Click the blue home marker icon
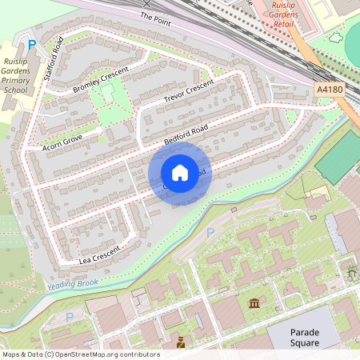click(180, 173)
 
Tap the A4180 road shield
click(330, 90)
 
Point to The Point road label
click(156, 16)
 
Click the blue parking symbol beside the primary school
click(32, 45)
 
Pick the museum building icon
click(254, 303)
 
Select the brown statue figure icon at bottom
click(181, 343)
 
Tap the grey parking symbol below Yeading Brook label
click(70, 317)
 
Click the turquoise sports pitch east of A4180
click(339, 156)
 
